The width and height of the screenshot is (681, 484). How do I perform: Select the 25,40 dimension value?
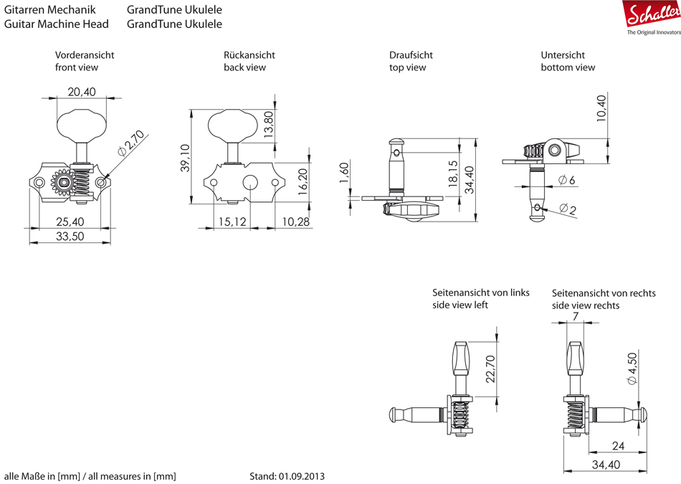click(x=70, y=222)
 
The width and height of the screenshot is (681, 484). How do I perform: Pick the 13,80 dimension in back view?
click(x=269, y=124)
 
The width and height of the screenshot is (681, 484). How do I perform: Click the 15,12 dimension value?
click(x=232, y=222)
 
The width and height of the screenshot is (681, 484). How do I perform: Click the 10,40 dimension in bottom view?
click(x=601, y=110)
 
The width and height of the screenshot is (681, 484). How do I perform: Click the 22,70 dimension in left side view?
click(x=490, y=369)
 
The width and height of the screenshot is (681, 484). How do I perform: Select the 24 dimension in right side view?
click(x=618, y=446)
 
